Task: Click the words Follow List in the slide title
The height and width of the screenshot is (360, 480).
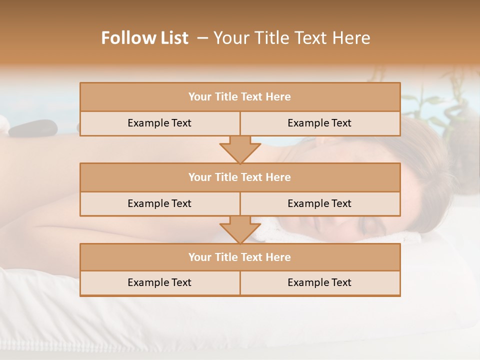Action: click(145, 38)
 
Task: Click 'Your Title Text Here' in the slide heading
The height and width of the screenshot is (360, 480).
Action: click(291, 38)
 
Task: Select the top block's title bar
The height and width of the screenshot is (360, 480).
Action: click(240, 97)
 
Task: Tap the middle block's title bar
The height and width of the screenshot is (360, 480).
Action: click(240, 177)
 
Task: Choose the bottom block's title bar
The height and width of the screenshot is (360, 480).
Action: click(240, 257)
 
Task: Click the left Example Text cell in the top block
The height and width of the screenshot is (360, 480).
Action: click(159, 123)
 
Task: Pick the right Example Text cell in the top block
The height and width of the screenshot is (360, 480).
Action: click(319, 123)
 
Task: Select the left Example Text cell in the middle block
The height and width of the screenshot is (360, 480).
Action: click(159, 203)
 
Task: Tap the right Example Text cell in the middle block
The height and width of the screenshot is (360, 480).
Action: click(319, 203)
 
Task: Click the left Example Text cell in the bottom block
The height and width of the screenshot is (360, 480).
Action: click(159, 282)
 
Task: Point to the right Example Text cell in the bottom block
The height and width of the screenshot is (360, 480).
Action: click(319, 282)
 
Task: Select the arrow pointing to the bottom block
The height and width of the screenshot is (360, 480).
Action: click(240, 229)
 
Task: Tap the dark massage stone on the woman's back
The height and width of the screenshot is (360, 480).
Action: click(33, 128)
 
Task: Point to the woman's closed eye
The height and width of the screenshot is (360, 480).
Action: click(370, 228)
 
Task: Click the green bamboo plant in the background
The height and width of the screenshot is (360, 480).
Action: click(440, 100)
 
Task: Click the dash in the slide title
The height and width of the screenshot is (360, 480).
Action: click(202, 38)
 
